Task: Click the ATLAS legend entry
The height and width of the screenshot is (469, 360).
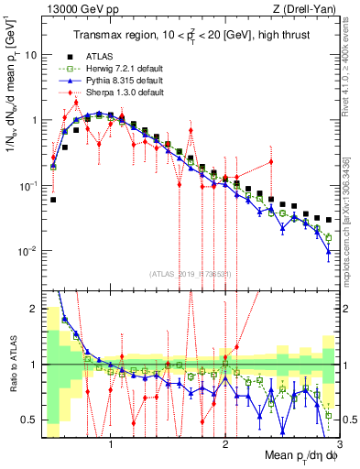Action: pos(99,57)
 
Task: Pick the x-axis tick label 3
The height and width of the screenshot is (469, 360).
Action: pos(339,443)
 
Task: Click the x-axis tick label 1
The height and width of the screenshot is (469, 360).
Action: pos(111,443)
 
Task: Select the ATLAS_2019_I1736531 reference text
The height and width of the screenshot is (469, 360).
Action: pos(191,273)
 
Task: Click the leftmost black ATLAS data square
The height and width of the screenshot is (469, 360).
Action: pos(53,199)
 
